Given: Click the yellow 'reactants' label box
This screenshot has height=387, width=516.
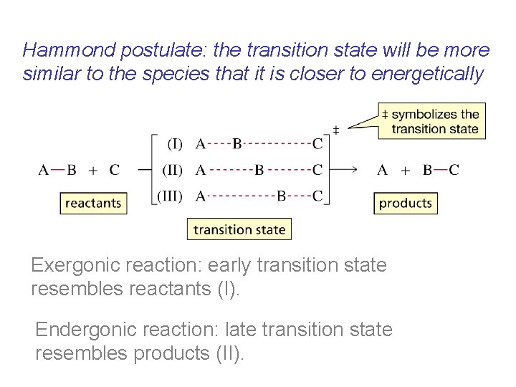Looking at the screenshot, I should (x=93, y=203).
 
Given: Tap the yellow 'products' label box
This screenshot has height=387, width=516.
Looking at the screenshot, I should (x=405, y=203).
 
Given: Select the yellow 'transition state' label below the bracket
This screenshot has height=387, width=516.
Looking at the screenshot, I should (x=239, y=229).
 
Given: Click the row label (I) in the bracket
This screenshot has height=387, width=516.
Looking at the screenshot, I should (x=174, y=144).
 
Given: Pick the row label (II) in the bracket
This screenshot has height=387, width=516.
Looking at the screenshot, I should (x=172, y=170).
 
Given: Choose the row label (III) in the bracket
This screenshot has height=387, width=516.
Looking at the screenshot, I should (x=170, y=196).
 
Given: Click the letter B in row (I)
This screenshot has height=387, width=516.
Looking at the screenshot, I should (x=237, y=144).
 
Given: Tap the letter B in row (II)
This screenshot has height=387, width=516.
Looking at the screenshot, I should (x=259, y=170).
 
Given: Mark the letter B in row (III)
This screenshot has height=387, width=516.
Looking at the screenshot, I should (x=282, y=196).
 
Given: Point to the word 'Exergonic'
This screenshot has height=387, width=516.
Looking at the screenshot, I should (x=75, y=265).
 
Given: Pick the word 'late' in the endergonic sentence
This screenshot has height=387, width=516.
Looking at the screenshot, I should (x=209, y=330).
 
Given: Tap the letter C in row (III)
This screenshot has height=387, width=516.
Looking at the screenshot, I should (x=317, y=196).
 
